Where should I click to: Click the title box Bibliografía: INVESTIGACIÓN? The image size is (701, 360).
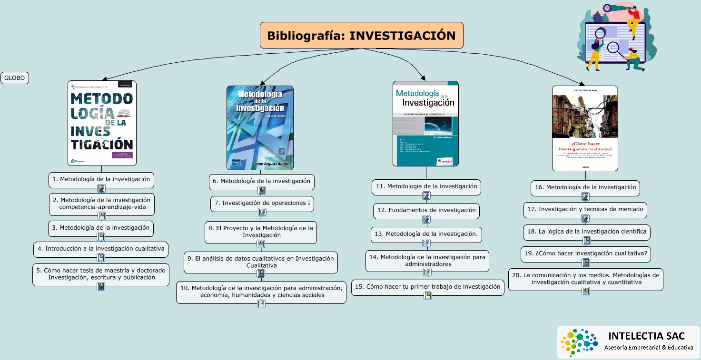(x=361, y=35)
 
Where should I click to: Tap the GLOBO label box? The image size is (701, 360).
(x=15, y=78)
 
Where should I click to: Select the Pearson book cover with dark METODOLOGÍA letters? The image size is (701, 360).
(x=102, y=123)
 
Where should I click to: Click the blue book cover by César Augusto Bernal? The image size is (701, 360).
(x=260, y=127)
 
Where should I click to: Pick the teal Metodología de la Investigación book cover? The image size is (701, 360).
(x=425, y=123)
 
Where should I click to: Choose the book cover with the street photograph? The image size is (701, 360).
(x=585, y=128)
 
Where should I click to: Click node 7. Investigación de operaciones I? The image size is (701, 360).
(x=262, y=203)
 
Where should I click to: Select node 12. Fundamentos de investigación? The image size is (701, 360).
(x=426, y=210)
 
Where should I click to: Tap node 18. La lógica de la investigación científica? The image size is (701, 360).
(x=586, y=232)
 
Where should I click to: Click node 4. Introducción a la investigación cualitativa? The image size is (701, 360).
(x=101, y=249)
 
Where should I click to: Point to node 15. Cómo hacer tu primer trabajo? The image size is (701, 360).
(x=427, y=287)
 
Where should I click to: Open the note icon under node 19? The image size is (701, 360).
(x=586, y=263)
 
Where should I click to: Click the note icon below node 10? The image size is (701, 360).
(x=261, y=304)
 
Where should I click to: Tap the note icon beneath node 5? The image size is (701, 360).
(x=101, y=286)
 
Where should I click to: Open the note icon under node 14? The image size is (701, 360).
(x=427, y=272)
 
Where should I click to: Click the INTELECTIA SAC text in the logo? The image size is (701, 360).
(x=646, y=336)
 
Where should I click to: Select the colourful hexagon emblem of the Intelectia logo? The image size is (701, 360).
(x=578, y=342)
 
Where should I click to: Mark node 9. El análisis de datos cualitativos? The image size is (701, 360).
(x=261, y=262)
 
